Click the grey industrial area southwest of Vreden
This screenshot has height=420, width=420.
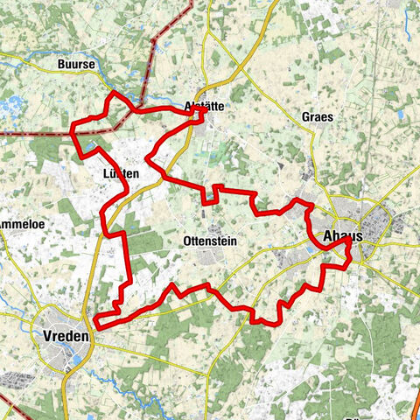tap(17, 378)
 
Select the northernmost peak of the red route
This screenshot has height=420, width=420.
tap(115, 92)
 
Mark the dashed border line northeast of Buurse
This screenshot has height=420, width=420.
tap(157, 44)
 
